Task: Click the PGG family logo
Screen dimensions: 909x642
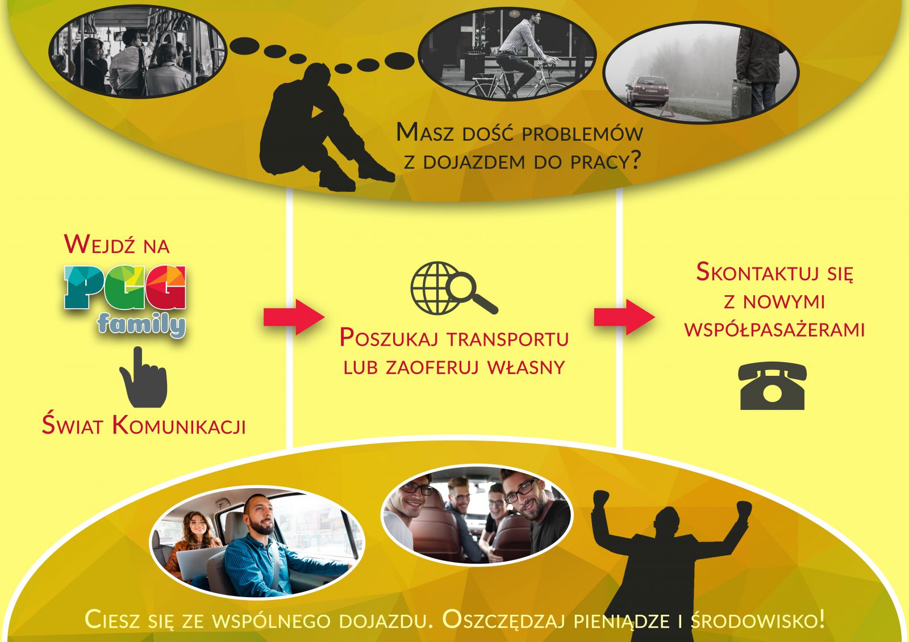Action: [125, 302]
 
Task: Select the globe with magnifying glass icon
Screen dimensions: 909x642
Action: [454, 288]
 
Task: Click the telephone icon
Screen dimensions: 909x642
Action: [772, 385]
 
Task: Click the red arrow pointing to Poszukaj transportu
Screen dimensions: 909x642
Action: [294, 317]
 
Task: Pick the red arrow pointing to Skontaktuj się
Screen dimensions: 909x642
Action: [624, 317]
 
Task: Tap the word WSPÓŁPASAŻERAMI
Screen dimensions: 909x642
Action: [774, 330]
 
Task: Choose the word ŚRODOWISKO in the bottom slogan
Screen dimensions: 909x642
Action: [758, 620]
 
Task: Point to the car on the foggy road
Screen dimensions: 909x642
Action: [647, 90]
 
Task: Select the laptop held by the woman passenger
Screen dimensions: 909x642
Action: [194, 563]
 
